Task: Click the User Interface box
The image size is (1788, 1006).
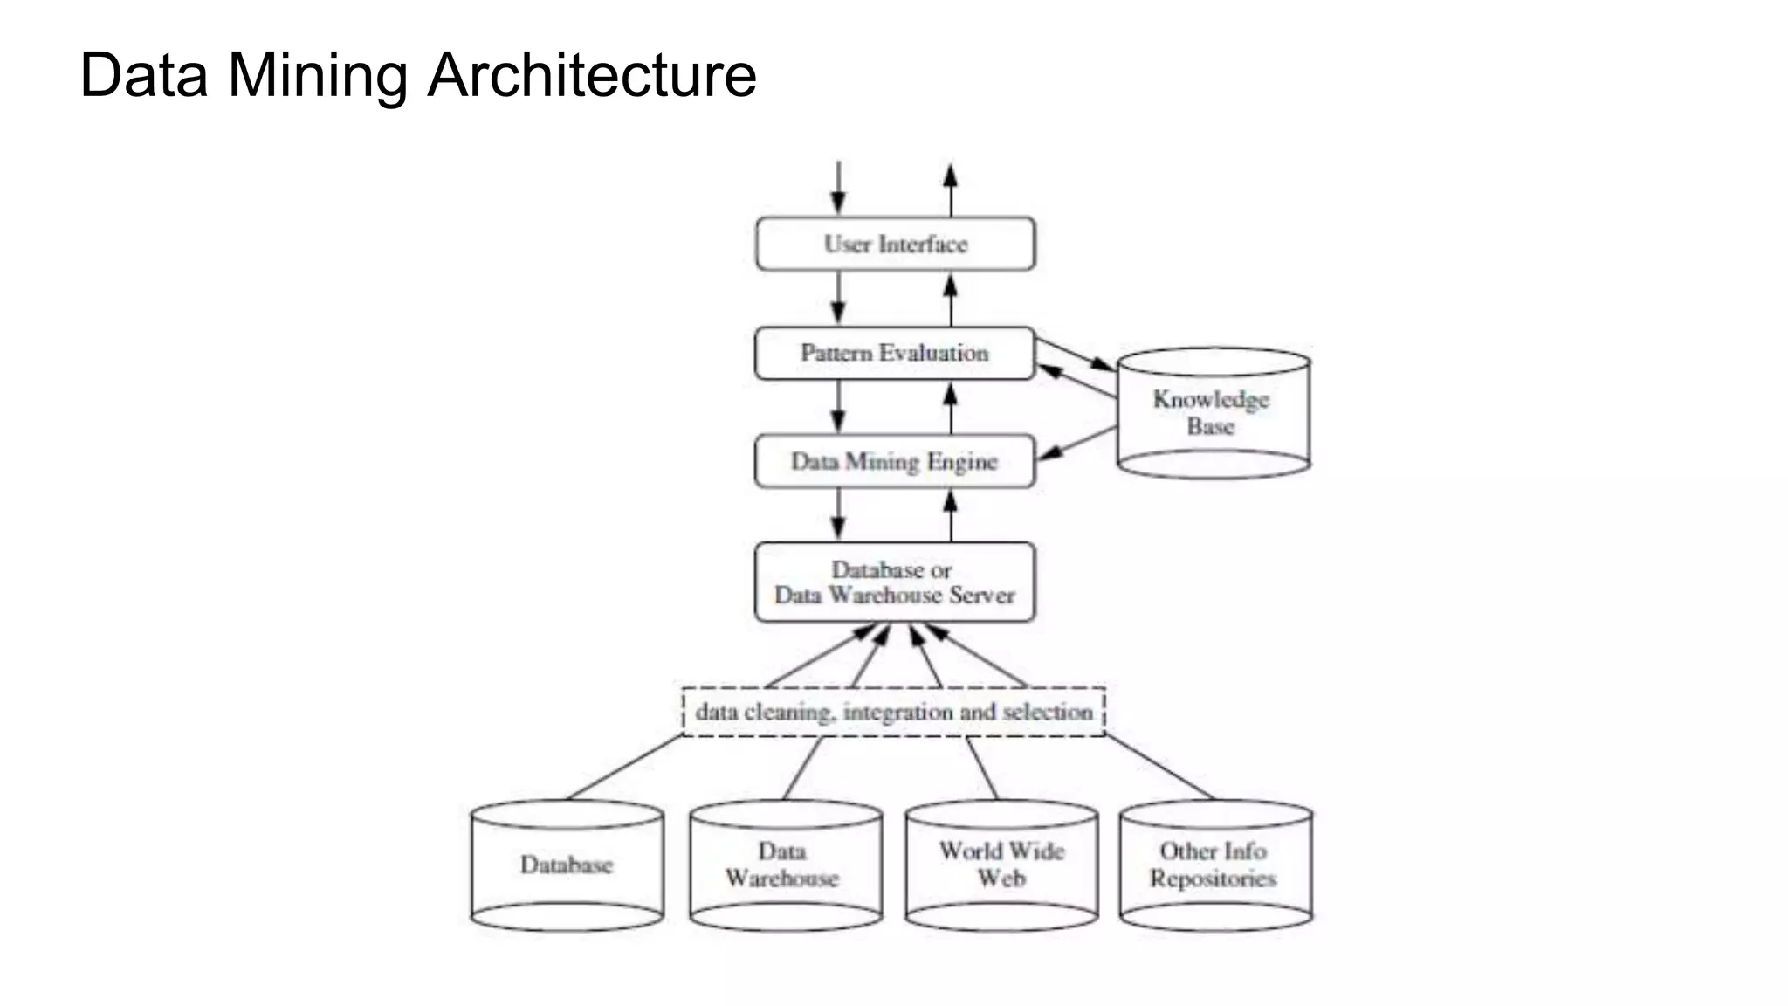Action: pyautogui.click(x=895, y=244)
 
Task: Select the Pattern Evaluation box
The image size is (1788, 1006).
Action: pyautogui.click(x=895, y=353)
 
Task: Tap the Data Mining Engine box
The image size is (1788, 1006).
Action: pyautogui.click(x=895, y=461)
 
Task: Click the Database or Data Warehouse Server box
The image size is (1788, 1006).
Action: pyautogui.click(x=895, y=582)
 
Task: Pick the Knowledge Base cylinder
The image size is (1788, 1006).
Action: pyautogui.click(x=1213, y=414)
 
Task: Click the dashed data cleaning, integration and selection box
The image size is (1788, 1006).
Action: pyautogui.click(x=893, y=712)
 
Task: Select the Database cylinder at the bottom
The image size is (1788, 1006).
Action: pyautogui.click(x=567, y=865)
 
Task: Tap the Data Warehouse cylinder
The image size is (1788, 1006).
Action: pyautogui.click(x=785, y=865)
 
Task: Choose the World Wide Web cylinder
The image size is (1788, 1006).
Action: pyautogui.click(x=1001, y=865)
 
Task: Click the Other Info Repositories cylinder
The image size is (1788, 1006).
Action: pyautogui.click(x=1215, y=865)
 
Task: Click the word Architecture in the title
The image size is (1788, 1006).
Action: pyautogui.click(x=591, y=75)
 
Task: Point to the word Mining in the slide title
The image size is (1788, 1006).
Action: pyautogui.click(x=317, y=75)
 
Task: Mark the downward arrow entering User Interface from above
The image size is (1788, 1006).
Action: pyautogui.click(x=838, y=187)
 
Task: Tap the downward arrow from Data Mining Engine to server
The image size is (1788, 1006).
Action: pyautogui.click(x=838, y=513)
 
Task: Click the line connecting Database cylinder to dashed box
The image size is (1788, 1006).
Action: pyautogui.click(x=624, y=768)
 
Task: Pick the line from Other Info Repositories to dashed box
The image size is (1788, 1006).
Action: pyautogui.click(x=1159, y=768)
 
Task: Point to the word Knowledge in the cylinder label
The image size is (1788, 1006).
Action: pyautogui.click(x=1211, y=399)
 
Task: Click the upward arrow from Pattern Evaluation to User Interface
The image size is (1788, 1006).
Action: pyautogui.click(x=951, y=300)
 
